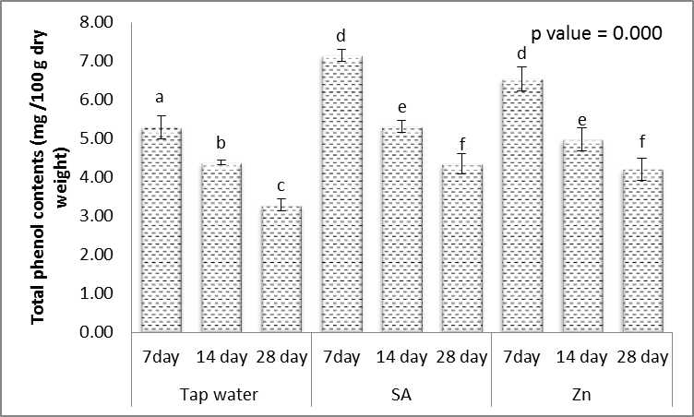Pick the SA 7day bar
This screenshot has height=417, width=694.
(341, 194)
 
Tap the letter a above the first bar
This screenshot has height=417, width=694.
(161, 97)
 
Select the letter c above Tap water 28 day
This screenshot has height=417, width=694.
(280, 185)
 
